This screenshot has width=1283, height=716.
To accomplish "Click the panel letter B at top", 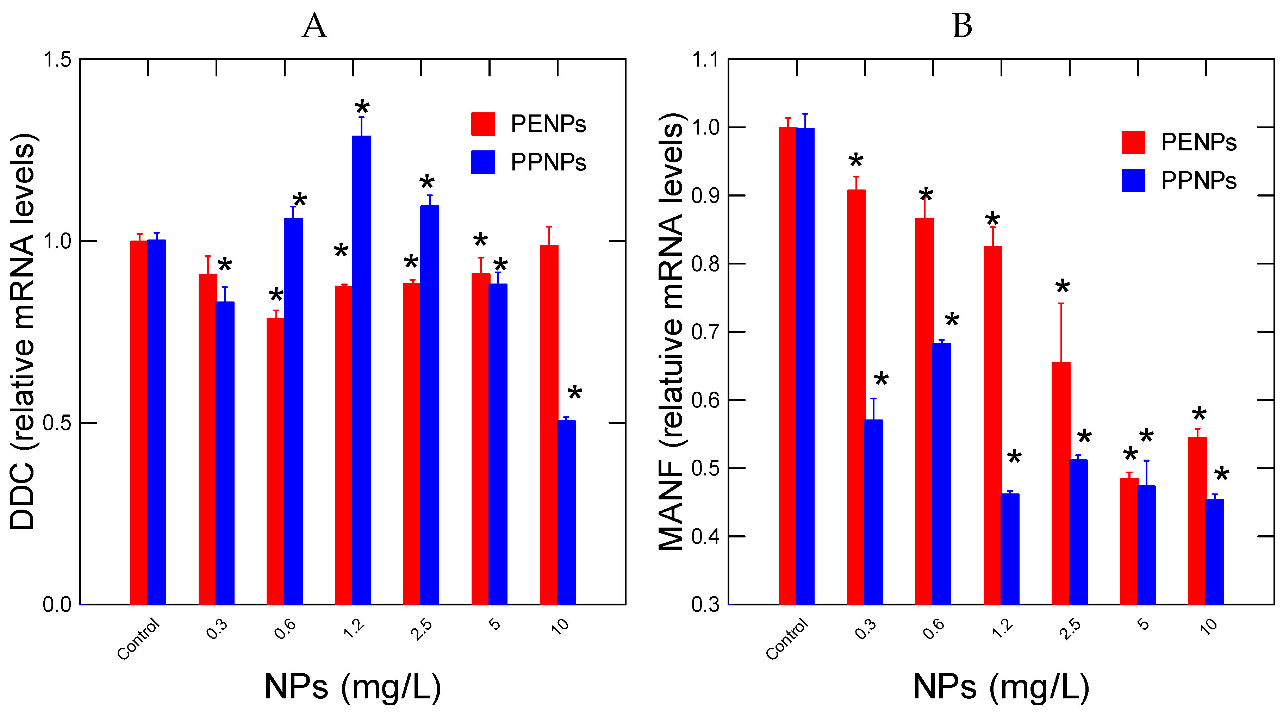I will [962, 26].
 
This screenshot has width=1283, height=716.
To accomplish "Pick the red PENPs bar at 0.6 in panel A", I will [275, 461].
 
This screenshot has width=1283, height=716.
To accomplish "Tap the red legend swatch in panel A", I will [482, 124].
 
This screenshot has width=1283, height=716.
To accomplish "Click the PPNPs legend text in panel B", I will [1198, 180].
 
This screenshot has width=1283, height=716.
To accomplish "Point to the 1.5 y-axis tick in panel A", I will [57, 60].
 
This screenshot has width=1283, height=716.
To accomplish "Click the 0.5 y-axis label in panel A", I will [57, 423].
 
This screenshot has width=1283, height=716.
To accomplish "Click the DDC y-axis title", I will [23, 331].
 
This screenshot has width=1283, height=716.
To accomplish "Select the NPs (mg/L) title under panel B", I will [1001, 687].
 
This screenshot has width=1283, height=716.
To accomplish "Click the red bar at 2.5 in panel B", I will [1061, 483].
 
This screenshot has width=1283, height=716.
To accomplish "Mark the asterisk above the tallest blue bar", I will [362, 107].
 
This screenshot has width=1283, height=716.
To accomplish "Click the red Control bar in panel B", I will [787, 366].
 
